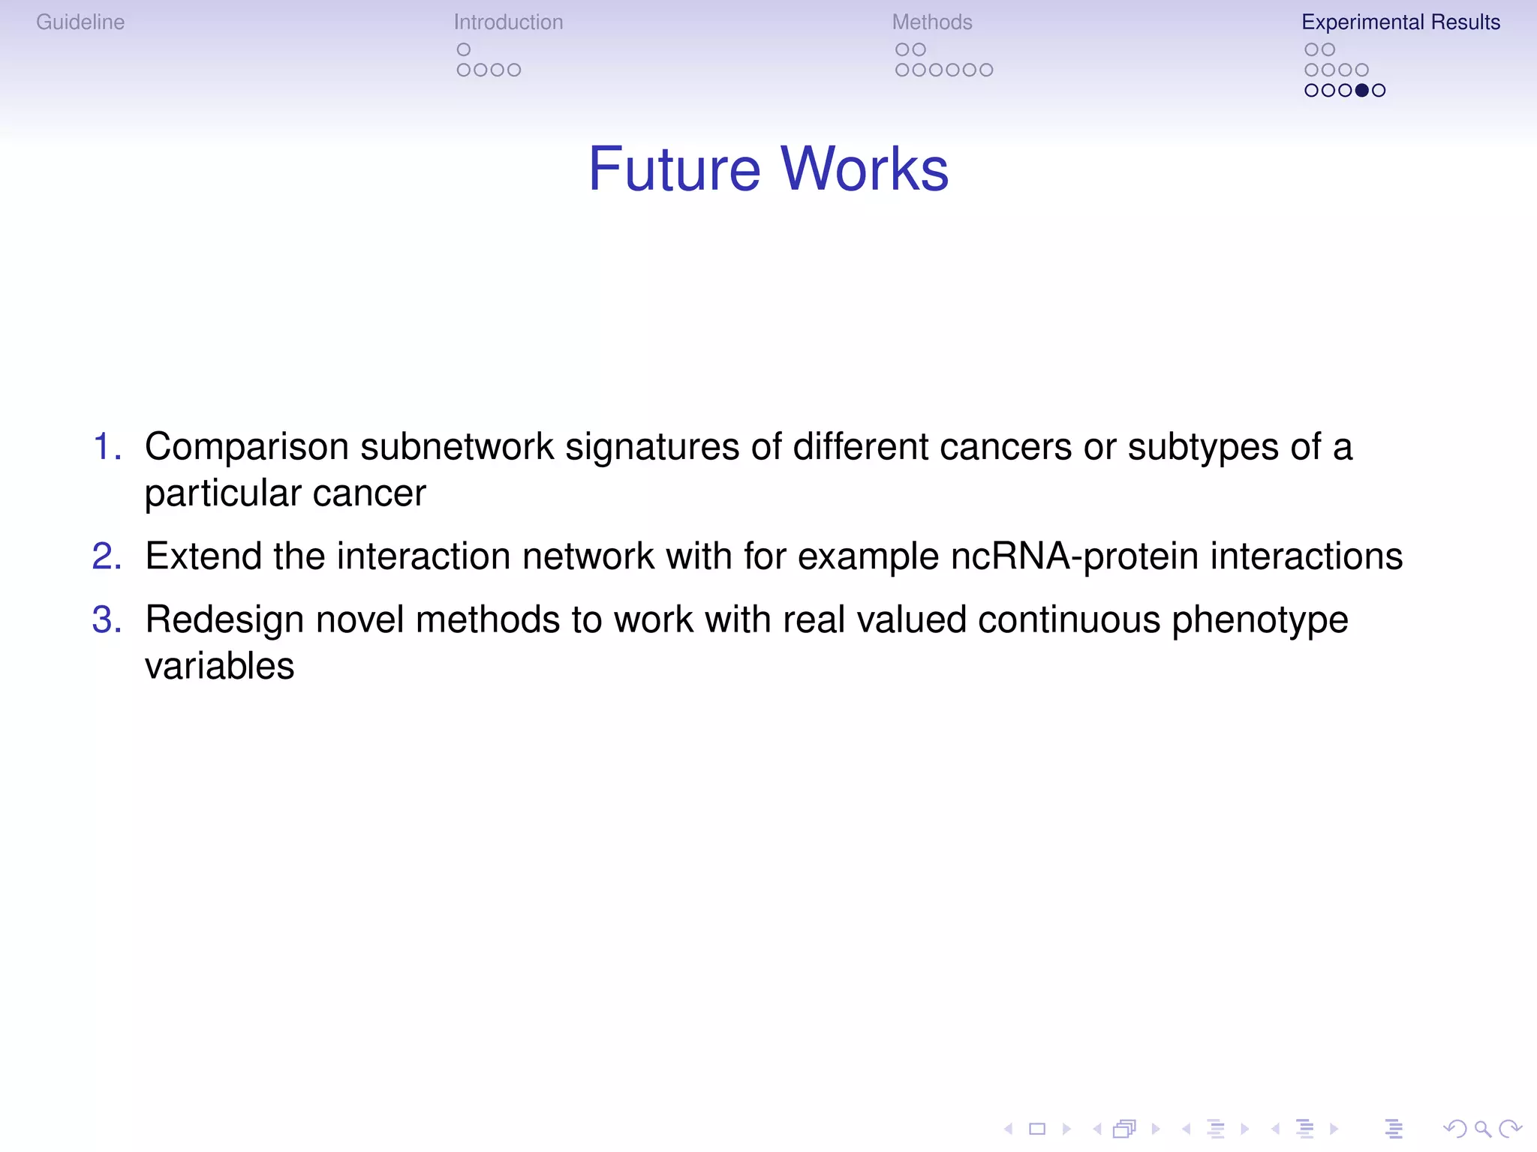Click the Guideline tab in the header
(80, 22)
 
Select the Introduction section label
(508, 22)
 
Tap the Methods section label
(931, 22)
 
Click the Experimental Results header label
(1400, 22)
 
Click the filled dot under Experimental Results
(1361, 91)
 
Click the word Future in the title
(674, 169)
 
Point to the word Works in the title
(865, 169)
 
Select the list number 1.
(107, 447)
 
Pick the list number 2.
(107, 556)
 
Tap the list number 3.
(107, 620)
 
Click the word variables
(219, 667)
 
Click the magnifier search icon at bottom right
(1482, 1129)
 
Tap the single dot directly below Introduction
(464, 49)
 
